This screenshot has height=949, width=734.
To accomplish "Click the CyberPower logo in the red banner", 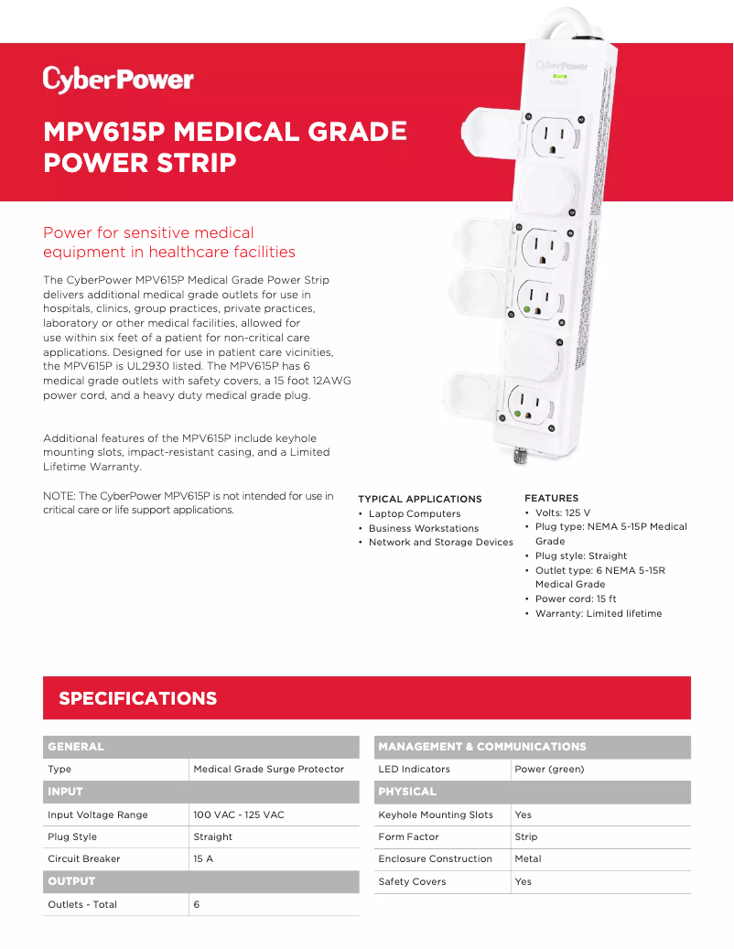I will click(118, 80).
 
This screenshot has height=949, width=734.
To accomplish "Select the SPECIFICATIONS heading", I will click(137, 698).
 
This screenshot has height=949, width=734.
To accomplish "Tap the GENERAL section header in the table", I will click(76, 747).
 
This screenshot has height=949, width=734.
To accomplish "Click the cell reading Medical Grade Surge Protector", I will click(268, 770).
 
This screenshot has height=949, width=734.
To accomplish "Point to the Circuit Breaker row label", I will click(83, 859).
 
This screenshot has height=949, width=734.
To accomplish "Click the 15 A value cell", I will click(203, 859).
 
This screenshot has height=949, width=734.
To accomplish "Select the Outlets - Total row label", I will click(82, 904).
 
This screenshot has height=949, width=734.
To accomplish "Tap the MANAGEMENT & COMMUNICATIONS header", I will click(481, 747).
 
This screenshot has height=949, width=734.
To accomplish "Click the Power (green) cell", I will click(549, 770).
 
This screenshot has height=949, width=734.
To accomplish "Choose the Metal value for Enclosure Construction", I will click(528, 859).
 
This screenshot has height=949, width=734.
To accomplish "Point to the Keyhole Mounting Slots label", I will click(435, 814).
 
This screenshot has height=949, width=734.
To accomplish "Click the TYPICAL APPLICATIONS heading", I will click(419, 499).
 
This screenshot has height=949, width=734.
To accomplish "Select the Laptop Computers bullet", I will click(414, 514).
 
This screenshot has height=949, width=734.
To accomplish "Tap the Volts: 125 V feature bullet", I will click(563, 512).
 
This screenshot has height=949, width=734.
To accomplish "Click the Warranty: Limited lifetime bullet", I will click(598, 613).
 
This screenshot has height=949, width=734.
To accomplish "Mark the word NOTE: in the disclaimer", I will click(60, 496).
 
